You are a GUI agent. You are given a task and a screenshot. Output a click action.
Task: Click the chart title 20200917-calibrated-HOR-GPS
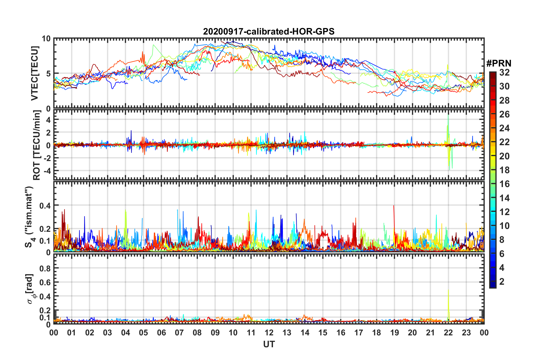(269, 31)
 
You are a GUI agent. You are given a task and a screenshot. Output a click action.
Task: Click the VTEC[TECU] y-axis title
(35, 73)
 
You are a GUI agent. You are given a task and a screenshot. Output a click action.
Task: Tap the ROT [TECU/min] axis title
(37, 145)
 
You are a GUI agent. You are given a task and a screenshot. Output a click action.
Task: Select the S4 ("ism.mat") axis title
(29, 217)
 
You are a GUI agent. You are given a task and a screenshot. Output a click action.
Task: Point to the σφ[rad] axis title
(30, 289)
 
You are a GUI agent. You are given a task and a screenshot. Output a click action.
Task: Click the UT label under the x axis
(269, 344)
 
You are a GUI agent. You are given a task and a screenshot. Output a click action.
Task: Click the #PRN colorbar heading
(499, 63)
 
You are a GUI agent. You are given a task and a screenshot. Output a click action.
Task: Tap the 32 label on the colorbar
(504, 72)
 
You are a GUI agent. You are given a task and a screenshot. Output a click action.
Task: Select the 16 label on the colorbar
(504, 184)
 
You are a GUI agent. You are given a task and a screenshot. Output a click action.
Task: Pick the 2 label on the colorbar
(502, 281)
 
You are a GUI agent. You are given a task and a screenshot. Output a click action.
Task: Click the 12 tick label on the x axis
(269, 333)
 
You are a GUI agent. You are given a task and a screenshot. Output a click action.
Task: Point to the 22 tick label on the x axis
(448, 333)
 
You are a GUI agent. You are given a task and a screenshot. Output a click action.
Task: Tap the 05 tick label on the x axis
(143, 333)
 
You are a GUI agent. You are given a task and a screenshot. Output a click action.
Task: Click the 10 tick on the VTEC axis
(46, 39)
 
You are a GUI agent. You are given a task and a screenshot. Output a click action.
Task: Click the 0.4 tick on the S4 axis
(45, 205)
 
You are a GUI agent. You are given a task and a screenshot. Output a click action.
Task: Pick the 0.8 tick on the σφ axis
(45, 268)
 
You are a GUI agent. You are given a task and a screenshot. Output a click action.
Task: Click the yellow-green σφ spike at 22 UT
(448, 292)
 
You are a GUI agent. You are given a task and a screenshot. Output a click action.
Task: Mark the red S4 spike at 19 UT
(394, 207)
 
